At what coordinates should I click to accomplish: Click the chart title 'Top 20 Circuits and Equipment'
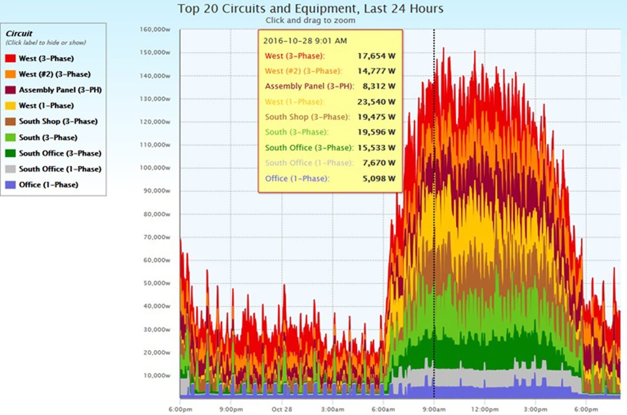pyautogui.click(x=310, y=8)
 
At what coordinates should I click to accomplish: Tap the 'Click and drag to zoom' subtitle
pyautogui.click(x=310, y=20)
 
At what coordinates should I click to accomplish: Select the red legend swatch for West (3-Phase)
pyautogui.click(x=10, y=58)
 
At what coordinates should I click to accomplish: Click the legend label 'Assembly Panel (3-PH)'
pyautogui.click(x=60, y=90)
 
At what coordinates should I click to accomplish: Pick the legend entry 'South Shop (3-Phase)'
pyautogui.click(x=58, y=121)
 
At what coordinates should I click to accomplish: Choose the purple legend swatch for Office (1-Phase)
pyautogui.click(x=10, y=185)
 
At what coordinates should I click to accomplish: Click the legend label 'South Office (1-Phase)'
pyautogui.click(x=60, y=169)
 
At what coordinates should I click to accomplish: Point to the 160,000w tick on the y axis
pyautogui.click(x=155, y=30)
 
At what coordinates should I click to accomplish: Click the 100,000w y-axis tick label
pyautogui.click(x=155, y=168)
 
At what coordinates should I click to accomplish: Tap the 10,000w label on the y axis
pyautogui.click(x=157, y=375)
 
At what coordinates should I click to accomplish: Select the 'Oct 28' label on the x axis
pyautogui.click(x=282, y=409)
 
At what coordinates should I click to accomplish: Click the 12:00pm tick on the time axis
pyautogui.click(x=485, y=409)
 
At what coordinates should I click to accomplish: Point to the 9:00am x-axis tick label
pyautogui.click(x=434, y=409)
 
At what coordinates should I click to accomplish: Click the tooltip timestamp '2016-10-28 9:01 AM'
pyautogui.click(x=305, y=41)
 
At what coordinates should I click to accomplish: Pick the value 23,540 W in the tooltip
pyautogui.click(x=376, y=102)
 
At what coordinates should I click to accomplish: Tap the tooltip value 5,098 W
pyautogui.click(x=379, y=178)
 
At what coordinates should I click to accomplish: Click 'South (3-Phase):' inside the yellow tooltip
pyautogui.click(x=296, y=132)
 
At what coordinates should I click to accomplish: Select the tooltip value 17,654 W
pyautogui.click(x=376, y=56)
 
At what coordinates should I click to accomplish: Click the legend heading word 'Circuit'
pyautogui.click(x=19, y=33)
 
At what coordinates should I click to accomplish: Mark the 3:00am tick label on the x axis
pyautogui.click(x=332, y=409)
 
